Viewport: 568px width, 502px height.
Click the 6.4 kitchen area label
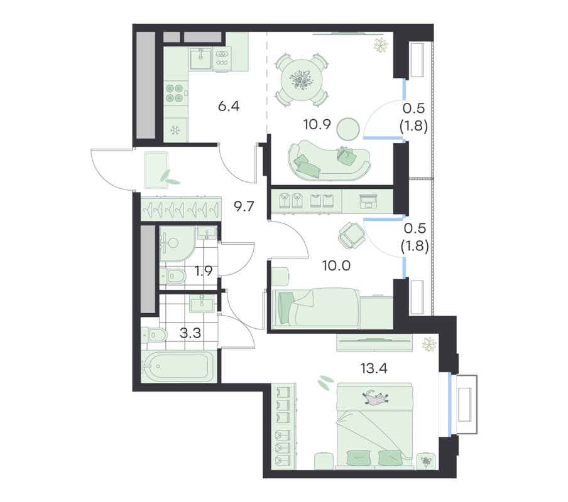(x=229, y=107)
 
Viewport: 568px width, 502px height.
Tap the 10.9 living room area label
(x=317, y=125)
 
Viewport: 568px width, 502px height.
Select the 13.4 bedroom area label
(x=374, y=368)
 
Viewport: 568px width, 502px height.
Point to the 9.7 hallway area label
(x=244, y=207)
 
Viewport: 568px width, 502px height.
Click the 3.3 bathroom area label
(x=190, y=333)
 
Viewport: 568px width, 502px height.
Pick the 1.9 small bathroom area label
(x=204, y=271)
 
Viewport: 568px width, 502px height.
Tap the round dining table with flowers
(x=302, y=80)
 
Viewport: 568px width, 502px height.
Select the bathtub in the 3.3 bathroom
(x=176, y=366)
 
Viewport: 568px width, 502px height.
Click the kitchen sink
(x=200, y=58)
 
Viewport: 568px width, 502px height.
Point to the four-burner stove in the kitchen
(x=174, y=93)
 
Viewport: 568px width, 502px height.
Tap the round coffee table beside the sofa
(x=348, y=129)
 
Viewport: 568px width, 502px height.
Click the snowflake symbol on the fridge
(x=176, y=130)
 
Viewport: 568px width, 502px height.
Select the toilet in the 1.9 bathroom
(x=173, y=276)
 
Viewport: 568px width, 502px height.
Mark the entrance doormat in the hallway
(x=156, y=170)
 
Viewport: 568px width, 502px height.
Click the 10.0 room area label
(x=337, y=266)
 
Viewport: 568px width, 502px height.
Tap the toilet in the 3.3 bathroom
(x=154, y=335)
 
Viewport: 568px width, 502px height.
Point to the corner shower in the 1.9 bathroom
(x=177, y=243)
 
